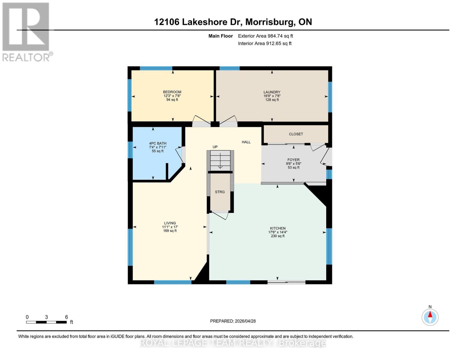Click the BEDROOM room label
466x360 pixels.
172,92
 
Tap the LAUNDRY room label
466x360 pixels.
272,92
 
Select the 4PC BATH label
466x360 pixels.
158,143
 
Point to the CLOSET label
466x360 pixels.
296,134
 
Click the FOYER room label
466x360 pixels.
293,160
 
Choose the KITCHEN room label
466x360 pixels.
278,228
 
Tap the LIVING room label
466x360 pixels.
170,223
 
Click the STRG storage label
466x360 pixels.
220,192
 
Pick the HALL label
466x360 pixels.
246,142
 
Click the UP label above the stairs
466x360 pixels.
215,147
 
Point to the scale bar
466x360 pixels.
47,322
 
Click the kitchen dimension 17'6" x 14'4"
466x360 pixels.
278,232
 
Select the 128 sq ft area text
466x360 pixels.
272,100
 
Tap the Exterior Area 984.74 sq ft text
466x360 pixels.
265,36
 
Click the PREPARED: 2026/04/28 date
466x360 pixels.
233,321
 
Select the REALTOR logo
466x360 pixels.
26,31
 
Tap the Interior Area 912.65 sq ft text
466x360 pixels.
265,43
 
